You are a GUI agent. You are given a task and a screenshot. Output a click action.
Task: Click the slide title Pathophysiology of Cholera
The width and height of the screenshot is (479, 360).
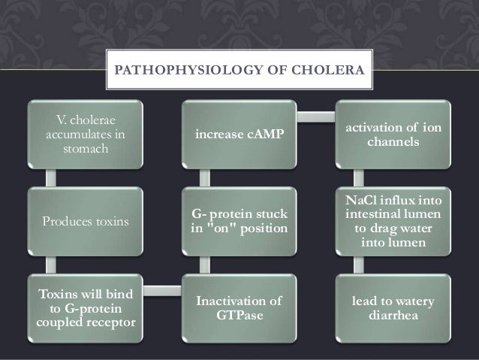[x=239, y=74]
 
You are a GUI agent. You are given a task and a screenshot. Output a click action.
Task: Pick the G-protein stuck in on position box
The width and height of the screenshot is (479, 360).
[x=239, y=223]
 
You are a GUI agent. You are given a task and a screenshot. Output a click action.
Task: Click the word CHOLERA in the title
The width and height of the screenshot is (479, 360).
[x=333, y=74]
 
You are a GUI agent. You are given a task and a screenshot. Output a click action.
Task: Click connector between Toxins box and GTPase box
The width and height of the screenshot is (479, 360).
[x=161, y=289]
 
